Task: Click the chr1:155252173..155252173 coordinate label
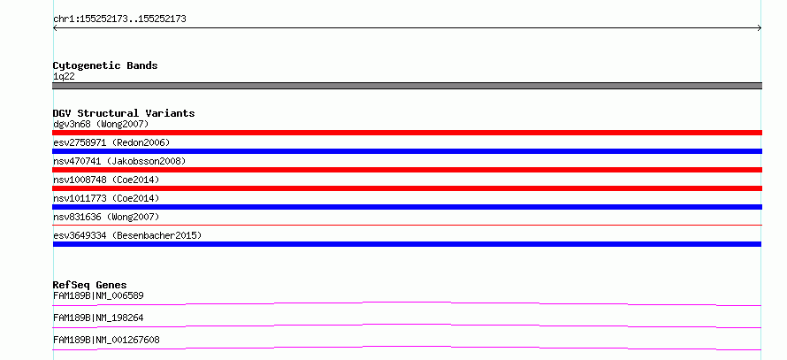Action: point(119,19)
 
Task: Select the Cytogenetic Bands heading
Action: point(105,65)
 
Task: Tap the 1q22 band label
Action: point(65,77)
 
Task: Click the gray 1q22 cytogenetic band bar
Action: point(407,86)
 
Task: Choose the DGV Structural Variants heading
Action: point(124,113)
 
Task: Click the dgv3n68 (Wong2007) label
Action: point(101,124)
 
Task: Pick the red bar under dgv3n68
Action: point(407,133)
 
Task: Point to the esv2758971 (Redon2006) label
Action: point(111,142)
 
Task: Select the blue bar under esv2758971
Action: point(407,151)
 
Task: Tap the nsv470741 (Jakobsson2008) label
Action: point(119,161)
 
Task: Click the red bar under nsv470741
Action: point(407,170)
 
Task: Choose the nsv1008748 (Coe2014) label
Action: point(106,180)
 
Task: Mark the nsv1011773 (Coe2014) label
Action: point(106,198)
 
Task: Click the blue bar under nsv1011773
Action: point(407,207)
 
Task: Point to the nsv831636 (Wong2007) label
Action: point(106,217)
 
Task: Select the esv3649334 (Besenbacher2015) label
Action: point(127,235)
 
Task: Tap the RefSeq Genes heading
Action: point(90,285)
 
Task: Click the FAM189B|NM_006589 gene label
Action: point(98,295)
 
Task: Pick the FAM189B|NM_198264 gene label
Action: point(98,318)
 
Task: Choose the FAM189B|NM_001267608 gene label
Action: point(106,340)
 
